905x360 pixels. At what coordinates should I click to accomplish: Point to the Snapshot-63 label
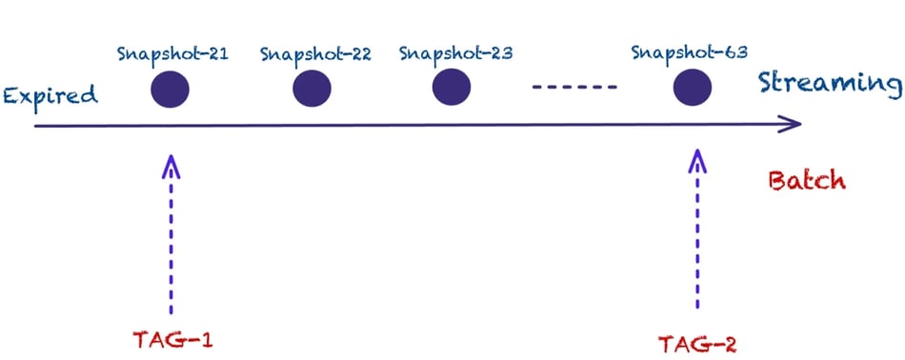click(x=689, y=50)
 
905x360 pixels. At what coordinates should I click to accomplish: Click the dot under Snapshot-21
click(x=171, y=90)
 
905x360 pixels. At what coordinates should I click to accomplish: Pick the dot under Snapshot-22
click(x=312, y=90)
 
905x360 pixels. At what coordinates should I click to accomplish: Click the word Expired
click(x=50, y=95)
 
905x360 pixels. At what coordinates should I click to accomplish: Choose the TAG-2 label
click(x=697, y=342)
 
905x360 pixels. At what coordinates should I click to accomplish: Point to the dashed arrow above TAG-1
click(x=171, y=238)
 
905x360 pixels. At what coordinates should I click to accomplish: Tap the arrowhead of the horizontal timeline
click(x=790, y=124)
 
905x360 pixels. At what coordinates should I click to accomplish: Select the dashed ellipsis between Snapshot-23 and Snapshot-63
click(x=574, y=90)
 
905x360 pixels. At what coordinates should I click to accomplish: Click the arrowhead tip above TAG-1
click(x=171, y=160)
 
